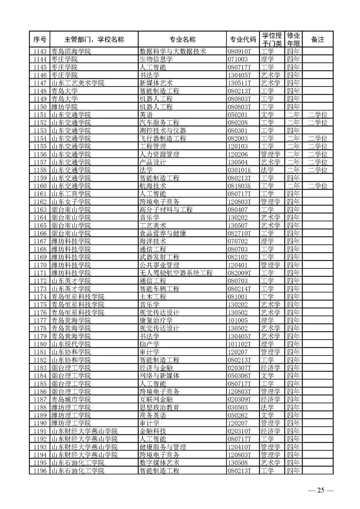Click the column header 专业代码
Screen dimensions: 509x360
point(243,40)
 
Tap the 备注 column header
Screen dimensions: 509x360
point(317,40)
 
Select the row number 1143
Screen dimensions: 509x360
point(40,51)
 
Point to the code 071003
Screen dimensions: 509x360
point(238,59)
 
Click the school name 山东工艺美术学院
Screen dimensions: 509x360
point(78,83)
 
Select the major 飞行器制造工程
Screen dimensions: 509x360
point(163,138)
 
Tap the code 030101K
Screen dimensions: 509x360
point(239,170)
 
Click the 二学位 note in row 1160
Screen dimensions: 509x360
point(317,186)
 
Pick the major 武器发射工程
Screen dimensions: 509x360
point(159,257)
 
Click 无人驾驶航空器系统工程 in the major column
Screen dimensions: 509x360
point(176,273)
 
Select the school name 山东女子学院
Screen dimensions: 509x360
point(71,202)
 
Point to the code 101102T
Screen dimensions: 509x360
point(239,344)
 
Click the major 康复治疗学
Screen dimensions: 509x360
point(156,320)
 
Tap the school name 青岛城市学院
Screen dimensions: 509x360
point(71,399)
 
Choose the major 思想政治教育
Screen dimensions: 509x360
point(159,407)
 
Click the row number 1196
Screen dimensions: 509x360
point(40,471)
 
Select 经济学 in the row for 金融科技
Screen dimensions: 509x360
point(270,431)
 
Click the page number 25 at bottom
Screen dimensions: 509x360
point(320,490)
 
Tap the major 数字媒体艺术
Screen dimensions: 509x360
point(159,463)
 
